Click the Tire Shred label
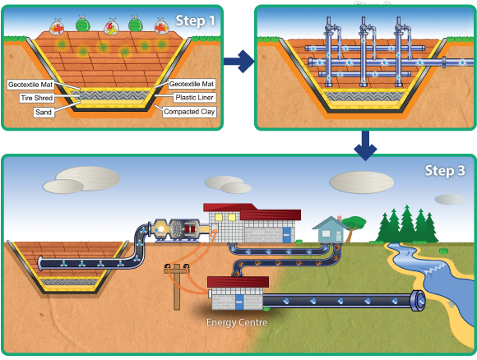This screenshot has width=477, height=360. coord(37,98)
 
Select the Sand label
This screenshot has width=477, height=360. coord(44,113)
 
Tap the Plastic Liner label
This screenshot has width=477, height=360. coord(194,97)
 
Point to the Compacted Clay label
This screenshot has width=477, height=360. coord(189,112)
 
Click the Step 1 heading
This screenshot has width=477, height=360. coord(196,21)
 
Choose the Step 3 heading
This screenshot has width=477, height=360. coord(445,171)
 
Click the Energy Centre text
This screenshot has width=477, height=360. coord(237,322)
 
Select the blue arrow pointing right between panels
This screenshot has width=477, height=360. coord(238,62)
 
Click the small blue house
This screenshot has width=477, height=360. coord(330,229)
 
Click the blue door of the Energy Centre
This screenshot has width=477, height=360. coord(239,302)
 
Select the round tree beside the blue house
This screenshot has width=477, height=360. coord(354,225)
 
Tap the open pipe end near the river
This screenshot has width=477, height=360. coord(418,301)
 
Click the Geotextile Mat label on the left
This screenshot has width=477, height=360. coord(30,85)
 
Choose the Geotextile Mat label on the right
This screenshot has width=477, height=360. coord(192,84)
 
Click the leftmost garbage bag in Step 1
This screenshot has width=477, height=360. coord(57,26)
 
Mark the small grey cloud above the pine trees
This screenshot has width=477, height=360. coord(450,199)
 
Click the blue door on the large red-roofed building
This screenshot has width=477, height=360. coord(286,235)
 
